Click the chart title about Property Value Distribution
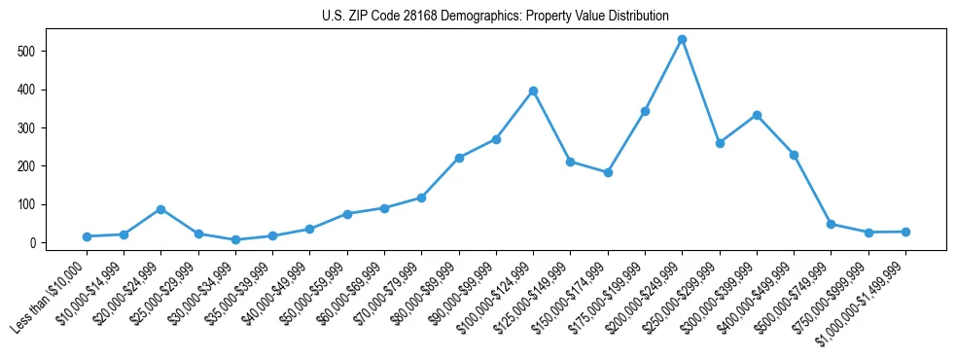[x=495, y=16]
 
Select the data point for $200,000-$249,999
[x=683, y=40]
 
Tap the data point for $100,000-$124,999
[x=533, y=91]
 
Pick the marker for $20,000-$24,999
[x=160, y=209]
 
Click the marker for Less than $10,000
[x=87, y=236]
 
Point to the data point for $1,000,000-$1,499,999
[x=905, y=232]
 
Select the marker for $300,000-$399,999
[x=757, y=115]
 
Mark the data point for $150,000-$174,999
[x=608, y=172]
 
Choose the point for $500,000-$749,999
[x=831, y=224]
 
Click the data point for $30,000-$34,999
[x=235, y=239]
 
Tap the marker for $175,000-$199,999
[x=645, y=111]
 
